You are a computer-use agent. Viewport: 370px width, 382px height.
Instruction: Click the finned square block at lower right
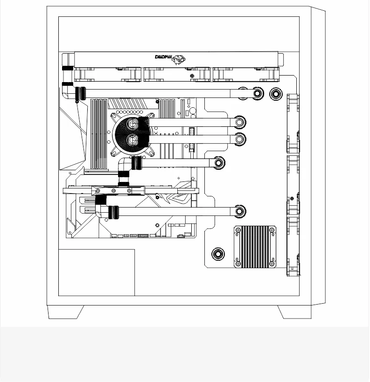point(255,247)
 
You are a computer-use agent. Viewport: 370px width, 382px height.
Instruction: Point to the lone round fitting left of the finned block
point(218,254)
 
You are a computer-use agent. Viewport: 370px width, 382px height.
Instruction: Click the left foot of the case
point(66,312)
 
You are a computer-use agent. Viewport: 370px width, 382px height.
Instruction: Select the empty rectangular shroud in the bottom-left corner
point(97,272)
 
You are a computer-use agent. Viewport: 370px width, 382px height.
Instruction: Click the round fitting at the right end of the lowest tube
point(240,211)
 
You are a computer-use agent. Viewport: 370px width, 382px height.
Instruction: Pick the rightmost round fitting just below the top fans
point(275,94)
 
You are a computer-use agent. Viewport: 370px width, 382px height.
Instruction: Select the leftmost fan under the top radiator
point(108,74)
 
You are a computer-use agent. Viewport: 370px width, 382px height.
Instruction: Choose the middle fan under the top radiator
point(177,74)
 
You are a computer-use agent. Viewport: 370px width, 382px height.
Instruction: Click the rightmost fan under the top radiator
point(245,74)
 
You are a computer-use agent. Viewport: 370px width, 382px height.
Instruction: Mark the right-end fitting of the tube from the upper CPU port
point(240,123)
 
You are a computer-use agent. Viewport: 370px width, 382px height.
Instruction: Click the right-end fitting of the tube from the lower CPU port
point(240,139)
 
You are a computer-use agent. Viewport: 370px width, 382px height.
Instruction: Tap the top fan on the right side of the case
point(293,124)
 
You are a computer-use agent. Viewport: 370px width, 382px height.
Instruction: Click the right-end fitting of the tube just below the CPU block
point(218,163)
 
